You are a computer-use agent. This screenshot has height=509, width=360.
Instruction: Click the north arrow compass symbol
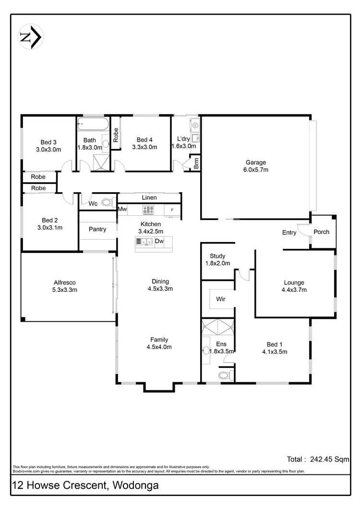[31, 36]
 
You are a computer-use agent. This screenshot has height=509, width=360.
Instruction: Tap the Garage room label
[256, 162]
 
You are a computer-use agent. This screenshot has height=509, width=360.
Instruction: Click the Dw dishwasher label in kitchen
[159, 241]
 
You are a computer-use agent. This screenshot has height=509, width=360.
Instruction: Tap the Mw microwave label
[122, 209]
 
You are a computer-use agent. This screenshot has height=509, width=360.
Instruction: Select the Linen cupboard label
[149, 198]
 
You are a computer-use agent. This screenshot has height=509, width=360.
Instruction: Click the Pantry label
[97, 229]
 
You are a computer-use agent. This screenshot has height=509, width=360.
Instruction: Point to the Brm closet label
[196, 164]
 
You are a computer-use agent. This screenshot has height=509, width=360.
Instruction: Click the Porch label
[321, 232]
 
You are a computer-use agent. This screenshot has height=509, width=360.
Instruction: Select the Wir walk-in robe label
[221, 299]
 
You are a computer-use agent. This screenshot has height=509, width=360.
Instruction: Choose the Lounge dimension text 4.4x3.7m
[294, 290]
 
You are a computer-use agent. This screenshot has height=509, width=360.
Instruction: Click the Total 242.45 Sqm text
[318, 460]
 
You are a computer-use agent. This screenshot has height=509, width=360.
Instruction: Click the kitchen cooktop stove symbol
[148, 210]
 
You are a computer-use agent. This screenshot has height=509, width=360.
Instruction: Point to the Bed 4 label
[144, 140]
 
